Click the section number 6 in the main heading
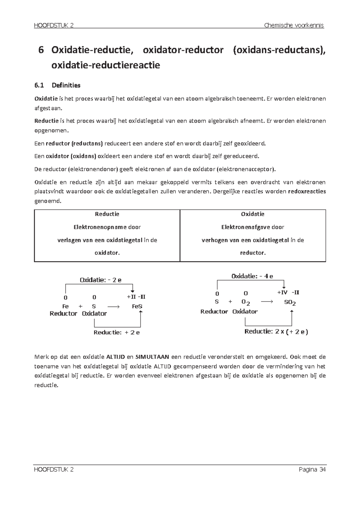pos(41,50)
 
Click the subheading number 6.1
pos(39,85)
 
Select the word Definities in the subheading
pos(66,85)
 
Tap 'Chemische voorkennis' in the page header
pos(294,25)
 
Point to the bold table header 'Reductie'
pos(107,214)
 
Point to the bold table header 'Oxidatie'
pos(253,214)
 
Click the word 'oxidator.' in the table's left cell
pos(107,253)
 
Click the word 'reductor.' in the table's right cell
pos(253,253)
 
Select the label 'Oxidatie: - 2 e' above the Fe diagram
pos(100,280)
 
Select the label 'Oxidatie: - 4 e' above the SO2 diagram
pos(252,276)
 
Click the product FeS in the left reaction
pos(137,306)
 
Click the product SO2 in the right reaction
pos(290,302)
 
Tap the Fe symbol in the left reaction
pos(65,306)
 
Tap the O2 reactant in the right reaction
pos(245,302)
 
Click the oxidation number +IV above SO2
pos(282,292)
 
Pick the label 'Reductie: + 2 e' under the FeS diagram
pos(117,332)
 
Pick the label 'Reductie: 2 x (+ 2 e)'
pos(276,332)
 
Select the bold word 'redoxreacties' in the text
pos(307,192)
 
